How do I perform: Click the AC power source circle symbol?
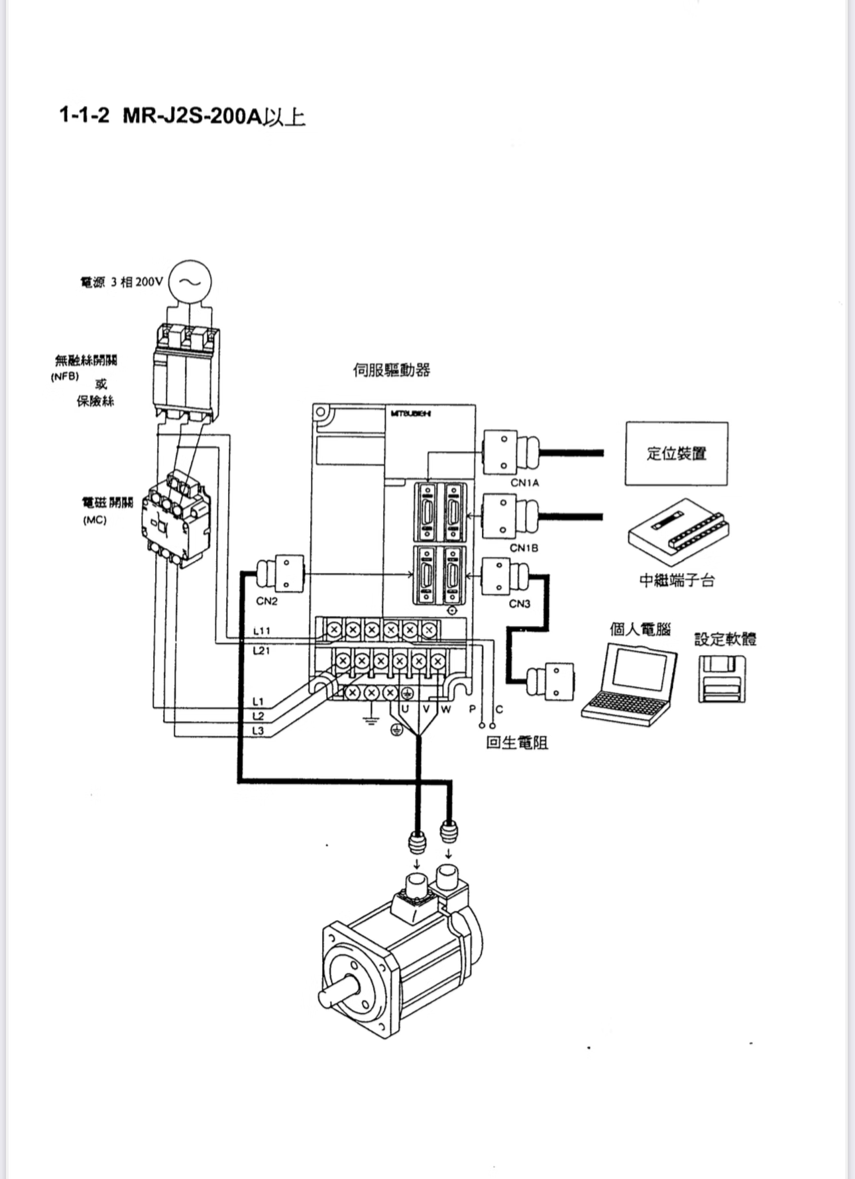(190, 282)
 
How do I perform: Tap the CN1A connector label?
(524, 483)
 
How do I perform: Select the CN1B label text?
(524, 548)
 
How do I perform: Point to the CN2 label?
(266, 601)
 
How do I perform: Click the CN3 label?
(520, 603)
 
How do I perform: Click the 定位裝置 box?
(676, 454)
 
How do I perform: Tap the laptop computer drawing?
(630, 682)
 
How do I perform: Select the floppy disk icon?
(722, 678)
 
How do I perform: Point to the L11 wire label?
(261, 631)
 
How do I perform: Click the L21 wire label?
(261, 651)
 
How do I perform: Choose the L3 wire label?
(258, 731)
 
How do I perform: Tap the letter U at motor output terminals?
(405, 709)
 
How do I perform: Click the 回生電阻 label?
(517, 743)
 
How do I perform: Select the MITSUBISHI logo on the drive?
(411, 413)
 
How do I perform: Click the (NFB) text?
(65, 376)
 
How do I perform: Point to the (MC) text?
(95, 520)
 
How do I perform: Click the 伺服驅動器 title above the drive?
(391, 370)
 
